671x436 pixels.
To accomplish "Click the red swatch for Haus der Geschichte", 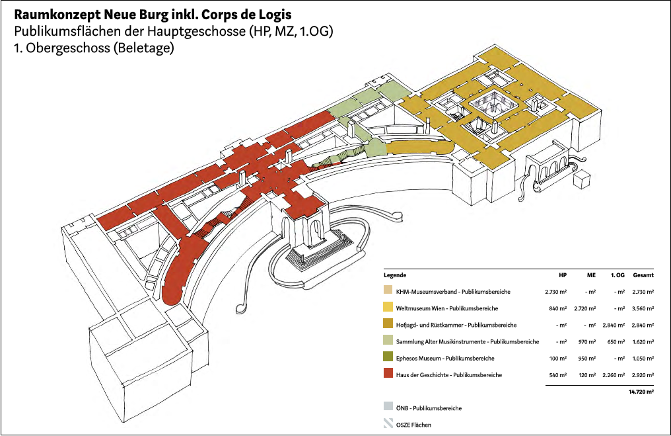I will [388, 375].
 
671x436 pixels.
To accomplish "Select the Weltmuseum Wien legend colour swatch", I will [388, 308].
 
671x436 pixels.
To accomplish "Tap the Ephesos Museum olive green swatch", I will [388, 359].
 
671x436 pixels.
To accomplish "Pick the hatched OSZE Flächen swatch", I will [388, 425].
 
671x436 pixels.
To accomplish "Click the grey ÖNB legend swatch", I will [388, 408].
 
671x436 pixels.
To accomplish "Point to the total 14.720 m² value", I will [641, 392].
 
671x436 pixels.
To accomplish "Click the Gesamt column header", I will [643, 275].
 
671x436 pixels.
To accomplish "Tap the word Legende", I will [394, 275].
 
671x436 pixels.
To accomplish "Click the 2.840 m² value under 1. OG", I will [614, 325].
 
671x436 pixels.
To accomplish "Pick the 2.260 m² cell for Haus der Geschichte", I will [614, 375].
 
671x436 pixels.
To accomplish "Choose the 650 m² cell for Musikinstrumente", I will [617, 342].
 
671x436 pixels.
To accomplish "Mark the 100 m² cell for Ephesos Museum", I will [559, 359].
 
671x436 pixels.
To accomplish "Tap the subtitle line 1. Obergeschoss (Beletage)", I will [93, 48].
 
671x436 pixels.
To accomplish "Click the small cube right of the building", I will [582, 181].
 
